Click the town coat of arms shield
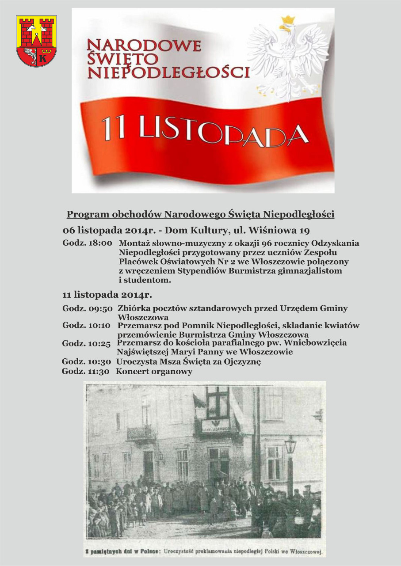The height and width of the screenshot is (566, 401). tap(36, 41)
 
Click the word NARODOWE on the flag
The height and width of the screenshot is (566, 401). tap(144, 46)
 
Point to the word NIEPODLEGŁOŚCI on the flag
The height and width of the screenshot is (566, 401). tap(168, 72)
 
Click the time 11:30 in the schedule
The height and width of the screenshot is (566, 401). tap(99, 372)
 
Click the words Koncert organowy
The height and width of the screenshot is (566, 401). tap(154, 372)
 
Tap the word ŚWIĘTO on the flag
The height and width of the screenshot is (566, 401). tap(122, 58)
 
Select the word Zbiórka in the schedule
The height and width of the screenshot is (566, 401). tap(131, 308)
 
